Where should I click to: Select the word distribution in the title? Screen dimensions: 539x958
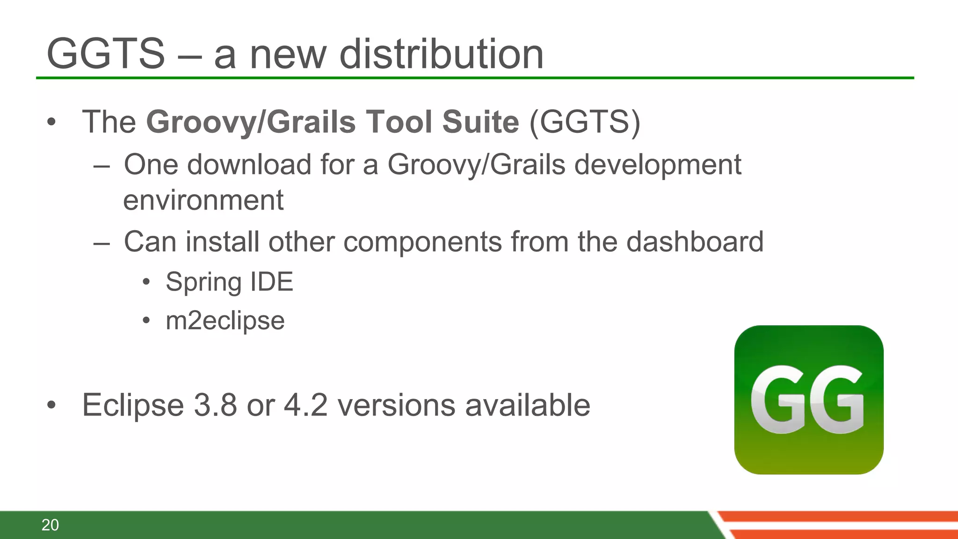coord(441,54)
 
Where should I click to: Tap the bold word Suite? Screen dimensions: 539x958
coord(480,122)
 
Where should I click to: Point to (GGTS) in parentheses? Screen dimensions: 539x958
coord(585,122)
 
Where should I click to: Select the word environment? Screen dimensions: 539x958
coord(203,200)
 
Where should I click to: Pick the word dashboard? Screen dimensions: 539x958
coord(695,242)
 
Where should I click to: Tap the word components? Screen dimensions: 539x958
coord(422,242)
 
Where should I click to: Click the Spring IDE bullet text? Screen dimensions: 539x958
coord(229,282)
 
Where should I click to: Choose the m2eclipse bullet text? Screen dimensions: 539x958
coord(225,321)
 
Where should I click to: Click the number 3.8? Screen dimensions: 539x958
coord(215,405)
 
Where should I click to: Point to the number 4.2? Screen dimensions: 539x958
coord(305,405)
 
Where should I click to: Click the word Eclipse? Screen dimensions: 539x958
coord(133,405)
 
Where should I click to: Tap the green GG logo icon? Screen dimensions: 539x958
coord(808,400)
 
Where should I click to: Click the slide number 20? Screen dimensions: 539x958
coord(50,525)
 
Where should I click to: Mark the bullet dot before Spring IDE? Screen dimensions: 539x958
coord(146,282)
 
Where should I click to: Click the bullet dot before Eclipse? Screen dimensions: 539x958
coord(51,405)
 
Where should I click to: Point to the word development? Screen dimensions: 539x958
coord(658,165)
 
